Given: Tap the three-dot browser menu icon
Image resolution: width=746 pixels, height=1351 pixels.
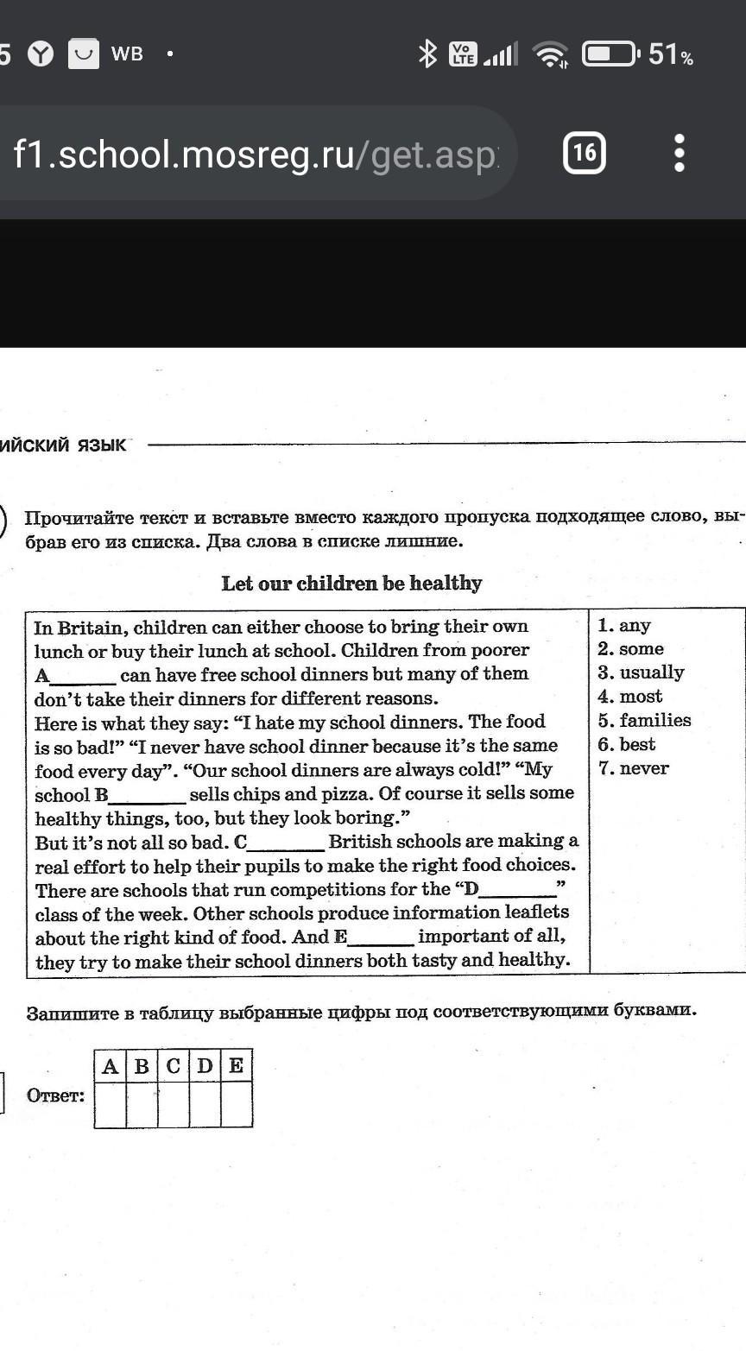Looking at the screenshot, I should click(x=680, y=153).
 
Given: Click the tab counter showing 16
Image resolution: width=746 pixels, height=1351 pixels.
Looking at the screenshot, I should click(x=584, y=153).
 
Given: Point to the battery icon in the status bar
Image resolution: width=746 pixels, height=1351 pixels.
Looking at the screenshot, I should click(x=610, y=54).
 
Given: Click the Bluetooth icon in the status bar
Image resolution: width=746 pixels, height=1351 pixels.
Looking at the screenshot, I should click(x=427, y=54).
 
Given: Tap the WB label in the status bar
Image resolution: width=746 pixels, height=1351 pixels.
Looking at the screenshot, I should click(x=127, y=54).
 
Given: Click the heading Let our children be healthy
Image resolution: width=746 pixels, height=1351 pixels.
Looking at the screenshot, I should click(x=351, y=584).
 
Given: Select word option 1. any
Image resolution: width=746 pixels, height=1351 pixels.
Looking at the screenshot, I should click(x=624, y=625).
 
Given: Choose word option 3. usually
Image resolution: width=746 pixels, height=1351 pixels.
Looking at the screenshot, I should click(x=641, y=672).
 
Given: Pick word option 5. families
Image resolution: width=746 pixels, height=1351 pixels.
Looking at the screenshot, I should click(x=644, y=720).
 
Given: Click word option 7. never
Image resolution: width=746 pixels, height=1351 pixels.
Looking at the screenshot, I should click(x=633, y=768).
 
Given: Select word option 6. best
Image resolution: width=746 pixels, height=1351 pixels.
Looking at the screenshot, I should click(x=627, y=744).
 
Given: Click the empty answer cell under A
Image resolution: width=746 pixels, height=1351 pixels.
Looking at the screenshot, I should click(x=110, y=1105).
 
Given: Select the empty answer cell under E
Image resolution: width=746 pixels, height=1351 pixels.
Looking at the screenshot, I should click(x=236, y=1105).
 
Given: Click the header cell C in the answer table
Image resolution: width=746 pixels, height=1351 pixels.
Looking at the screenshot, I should click(x=173, y=1066).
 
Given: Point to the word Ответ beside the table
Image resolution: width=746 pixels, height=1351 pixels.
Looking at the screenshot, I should click(x=56, y=1096).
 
